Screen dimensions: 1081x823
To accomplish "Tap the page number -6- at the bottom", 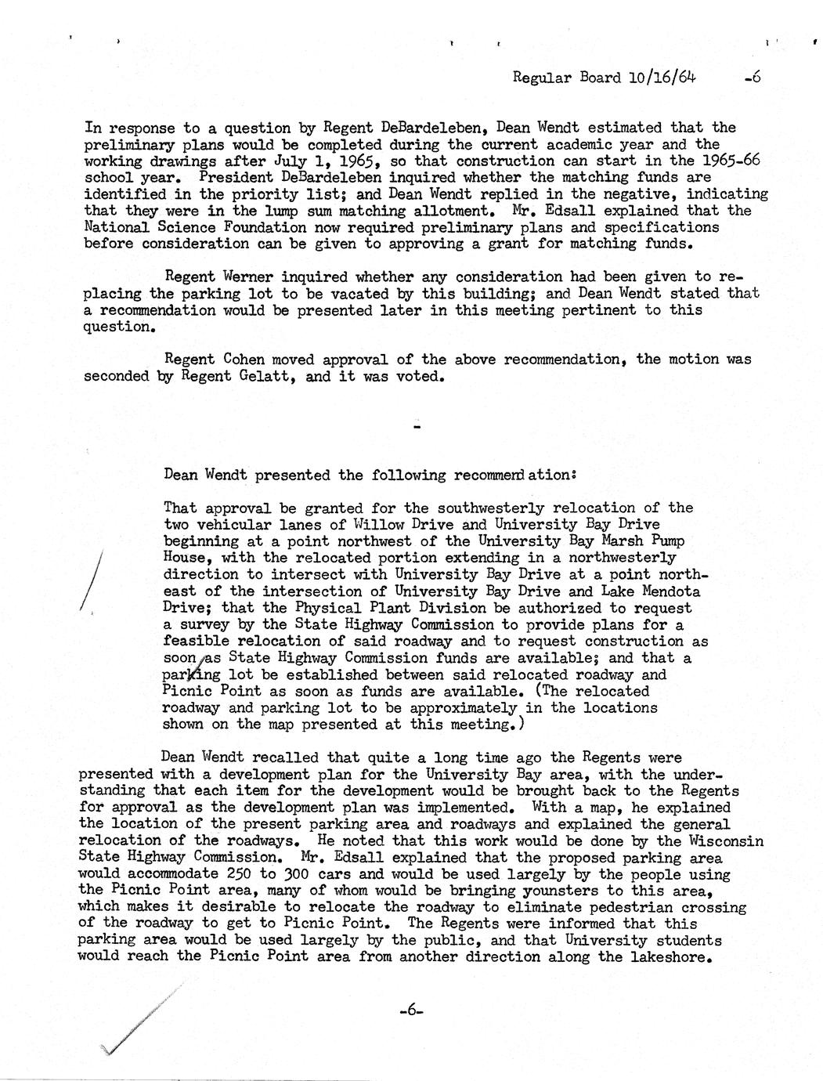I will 410,1010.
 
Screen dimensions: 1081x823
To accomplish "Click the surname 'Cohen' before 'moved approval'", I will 244,360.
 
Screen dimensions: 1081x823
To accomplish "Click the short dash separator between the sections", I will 416,428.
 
